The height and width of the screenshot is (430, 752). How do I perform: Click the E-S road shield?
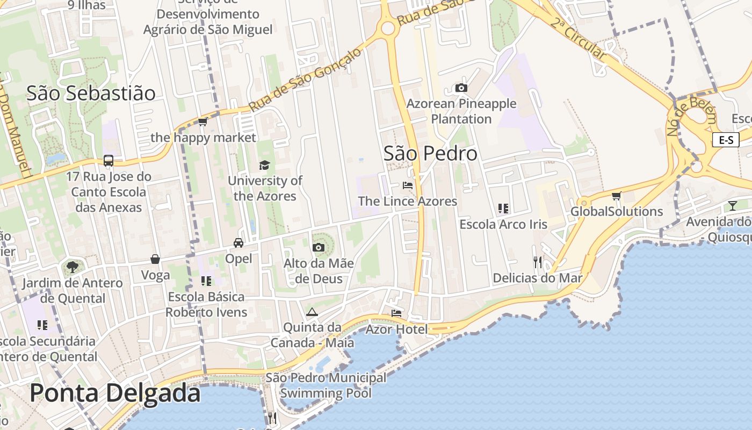(726, 140)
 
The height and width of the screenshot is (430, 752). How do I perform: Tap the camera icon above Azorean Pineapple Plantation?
(461, 88)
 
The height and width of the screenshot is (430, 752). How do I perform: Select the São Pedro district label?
(430, 154)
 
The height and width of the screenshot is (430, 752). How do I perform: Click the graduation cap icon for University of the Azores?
(264, 164)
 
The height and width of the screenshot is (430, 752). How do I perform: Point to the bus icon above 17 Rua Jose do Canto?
(109, 160)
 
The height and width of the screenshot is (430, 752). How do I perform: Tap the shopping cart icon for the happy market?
(203, 122)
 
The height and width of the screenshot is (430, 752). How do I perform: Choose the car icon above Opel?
(238, 242)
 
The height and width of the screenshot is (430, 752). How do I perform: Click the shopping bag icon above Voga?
(155, 259)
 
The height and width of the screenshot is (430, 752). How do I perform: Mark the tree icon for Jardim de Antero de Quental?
(72, 267)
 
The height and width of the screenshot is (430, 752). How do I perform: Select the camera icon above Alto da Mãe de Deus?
(319, 247)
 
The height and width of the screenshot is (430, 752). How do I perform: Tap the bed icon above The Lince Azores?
(408, 185)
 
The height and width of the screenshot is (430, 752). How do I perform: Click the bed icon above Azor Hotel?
(396, 313)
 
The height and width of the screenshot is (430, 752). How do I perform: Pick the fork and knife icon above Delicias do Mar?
(538, 262)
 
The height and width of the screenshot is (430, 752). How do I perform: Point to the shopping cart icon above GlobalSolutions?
(616, 196)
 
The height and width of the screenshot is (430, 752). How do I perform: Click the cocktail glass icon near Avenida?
(733, 205)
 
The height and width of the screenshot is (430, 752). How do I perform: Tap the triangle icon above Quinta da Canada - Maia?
(312, 312)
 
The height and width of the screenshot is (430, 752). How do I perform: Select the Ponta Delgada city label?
(115, 393)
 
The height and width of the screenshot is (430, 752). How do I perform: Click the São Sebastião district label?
(91, 93)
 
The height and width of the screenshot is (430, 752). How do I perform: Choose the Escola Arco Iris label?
(503, 224)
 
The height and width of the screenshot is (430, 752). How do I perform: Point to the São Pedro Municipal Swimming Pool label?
(326, 385)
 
